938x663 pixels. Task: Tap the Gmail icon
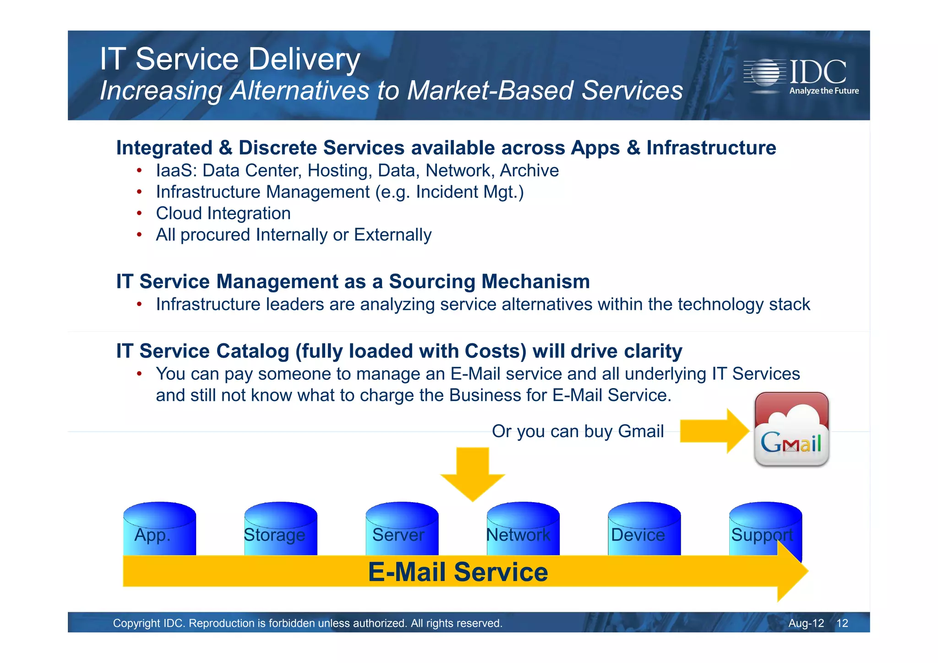tap(791, 430)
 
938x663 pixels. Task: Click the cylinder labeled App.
tap(159, 529)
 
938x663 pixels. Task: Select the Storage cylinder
tap(280, 529)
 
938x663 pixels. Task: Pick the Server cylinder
tap(402, 529)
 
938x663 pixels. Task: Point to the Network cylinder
tap(523, 529)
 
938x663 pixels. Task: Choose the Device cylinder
tap(644, 529)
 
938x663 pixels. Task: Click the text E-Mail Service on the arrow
tap(458, 572)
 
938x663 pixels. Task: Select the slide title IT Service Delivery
tap(230, 59)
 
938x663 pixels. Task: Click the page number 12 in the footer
tap(842, 623)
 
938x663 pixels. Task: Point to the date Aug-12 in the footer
tap(806, 623)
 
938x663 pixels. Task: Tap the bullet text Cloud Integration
tap(223, 214)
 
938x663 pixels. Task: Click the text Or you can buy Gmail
tap(578, 431)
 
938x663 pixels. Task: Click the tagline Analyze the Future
tap(823, 91)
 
